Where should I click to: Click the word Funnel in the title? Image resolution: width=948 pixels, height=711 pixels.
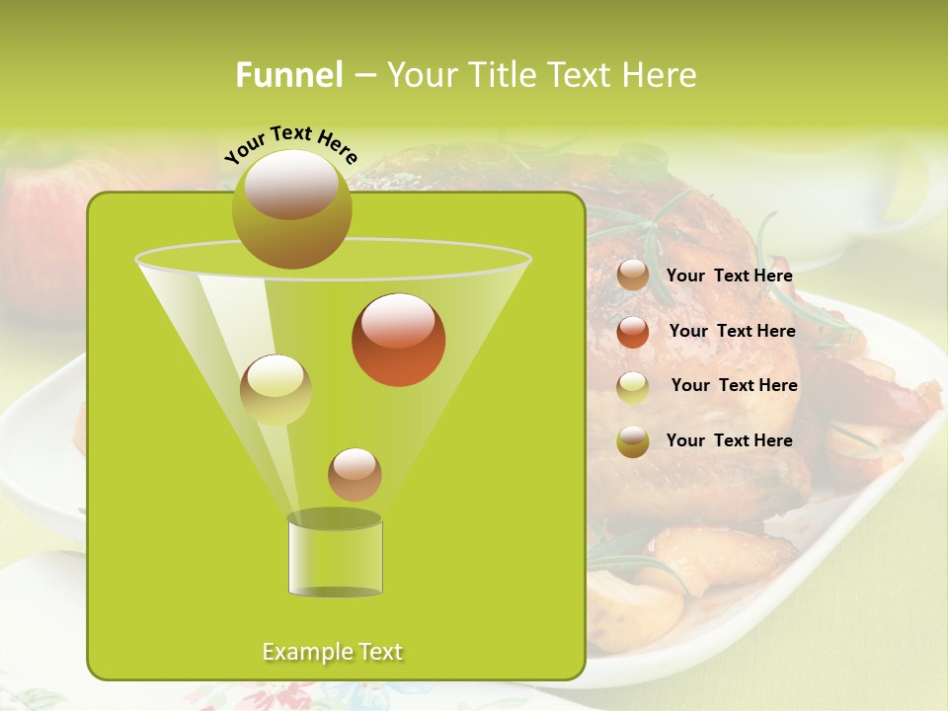click(288, 75)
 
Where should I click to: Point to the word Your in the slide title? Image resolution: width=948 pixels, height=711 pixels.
click(420, 75)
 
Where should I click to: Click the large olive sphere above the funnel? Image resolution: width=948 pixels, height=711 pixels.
click(291, 208)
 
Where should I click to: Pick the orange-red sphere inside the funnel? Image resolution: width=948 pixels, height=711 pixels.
click(398, 340)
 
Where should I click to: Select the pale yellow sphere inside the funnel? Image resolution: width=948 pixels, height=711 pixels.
click(276, 390)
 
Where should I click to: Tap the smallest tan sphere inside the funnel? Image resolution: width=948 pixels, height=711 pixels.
click(355, 474)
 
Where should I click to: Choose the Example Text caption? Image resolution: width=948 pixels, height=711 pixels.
click(332, 652)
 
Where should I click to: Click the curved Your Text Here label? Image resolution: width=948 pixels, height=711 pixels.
click(290, 142)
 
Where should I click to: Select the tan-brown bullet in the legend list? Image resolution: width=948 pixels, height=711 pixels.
click(633, 276)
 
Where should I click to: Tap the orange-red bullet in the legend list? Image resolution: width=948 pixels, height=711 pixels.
click(633, 332)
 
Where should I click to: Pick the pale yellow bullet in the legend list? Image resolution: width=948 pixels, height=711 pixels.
click(633, 387)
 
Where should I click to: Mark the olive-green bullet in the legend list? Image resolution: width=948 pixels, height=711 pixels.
click(633, 441)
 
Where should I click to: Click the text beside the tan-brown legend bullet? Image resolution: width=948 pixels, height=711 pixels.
click(729, 276)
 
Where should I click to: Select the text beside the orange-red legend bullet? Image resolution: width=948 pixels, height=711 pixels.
click(732, 331)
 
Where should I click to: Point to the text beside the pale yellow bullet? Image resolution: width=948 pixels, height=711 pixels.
click(734, 385)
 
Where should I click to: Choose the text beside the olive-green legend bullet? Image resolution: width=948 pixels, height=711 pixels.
click(729, 440)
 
